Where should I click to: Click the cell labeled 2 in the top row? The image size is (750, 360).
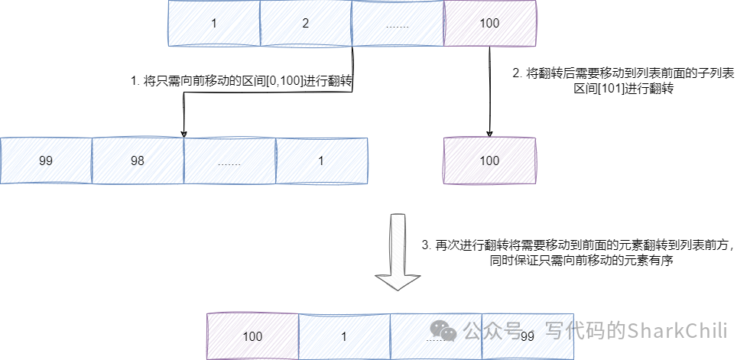306,23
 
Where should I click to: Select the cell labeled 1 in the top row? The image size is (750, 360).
214,23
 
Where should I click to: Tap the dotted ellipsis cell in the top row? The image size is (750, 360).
398,23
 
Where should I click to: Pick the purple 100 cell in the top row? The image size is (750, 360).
489,23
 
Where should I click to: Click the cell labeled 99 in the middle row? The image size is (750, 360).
46,161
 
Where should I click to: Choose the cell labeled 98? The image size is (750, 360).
138,161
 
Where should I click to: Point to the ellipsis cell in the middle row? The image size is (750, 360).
229,161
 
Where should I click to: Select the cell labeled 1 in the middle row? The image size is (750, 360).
321,161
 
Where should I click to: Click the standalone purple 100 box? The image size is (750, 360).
489,161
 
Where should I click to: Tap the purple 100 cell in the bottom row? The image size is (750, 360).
252,336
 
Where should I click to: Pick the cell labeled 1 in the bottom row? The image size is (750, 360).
344,336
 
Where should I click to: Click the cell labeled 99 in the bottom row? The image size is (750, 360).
528,336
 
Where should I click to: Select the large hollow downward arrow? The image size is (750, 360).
397,252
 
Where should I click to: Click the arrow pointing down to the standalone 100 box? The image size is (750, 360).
489,92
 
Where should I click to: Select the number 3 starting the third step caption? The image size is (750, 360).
426,245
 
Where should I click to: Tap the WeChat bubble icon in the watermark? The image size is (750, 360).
443,329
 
